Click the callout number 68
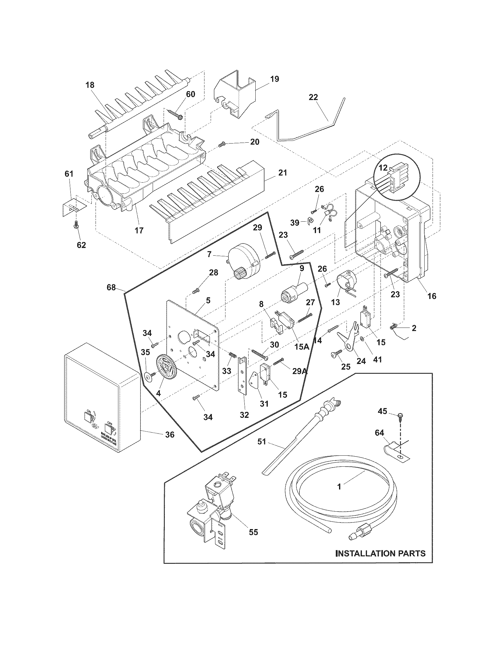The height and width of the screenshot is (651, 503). click(111, 288)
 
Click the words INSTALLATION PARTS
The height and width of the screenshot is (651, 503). click(381, 554)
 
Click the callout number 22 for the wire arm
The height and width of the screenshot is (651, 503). click(313, 97)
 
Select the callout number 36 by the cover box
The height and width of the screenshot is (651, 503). click(170, 435)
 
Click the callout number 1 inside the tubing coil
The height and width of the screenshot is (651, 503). click(339, 487)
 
